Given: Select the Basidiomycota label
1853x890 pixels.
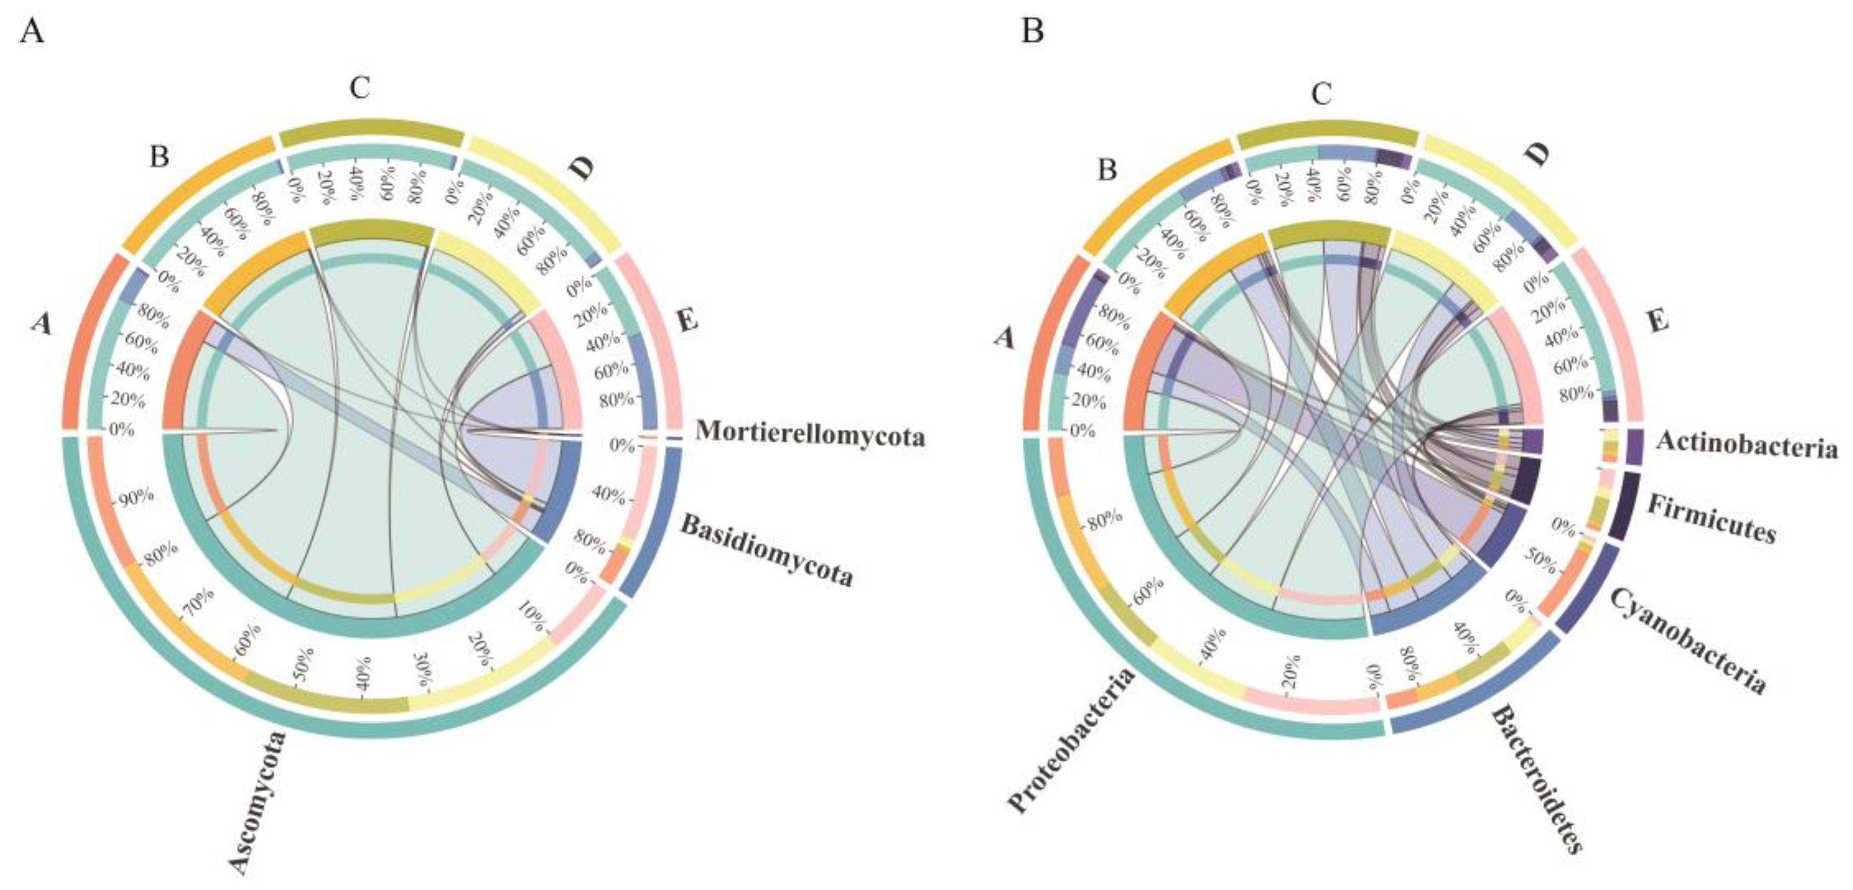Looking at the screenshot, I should (x=767, y=550).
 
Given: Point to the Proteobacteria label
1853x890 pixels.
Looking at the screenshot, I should (x=1072, y=740).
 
